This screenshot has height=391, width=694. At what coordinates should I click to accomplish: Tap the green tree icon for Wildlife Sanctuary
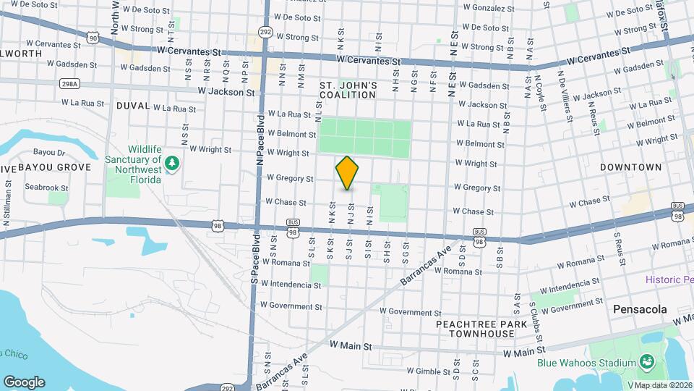[x=171, y=164]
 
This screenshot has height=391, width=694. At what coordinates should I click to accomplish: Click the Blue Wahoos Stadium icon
[x=646, y=361]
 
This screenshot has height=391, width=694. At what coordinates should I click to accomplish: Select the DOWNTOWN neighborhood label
[x=630, y=167]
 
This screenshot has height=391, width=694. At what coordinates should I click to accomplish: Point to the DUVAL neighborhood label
[x=132, y=106]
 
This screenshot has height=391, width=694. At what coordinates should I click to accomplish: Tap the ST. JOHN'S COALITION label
[x=348, y=91]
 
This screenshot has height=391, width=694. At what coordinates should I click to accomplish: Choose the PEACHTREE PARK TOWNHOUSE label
[x=475, y=329]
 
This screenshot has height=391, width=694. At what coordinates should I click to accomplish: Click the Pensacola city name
[x=640, y=309]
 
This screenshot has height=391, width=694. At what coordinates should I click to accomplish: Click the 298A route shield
[x=69, y=83]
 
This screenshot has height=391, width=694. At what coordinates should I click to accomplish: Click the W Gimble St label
[x=429, y=371]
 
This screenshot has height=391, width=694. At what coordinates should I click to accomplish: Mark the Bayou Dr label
[x=51, y=153]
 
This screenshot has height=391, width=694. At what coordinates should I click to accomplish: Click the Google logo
[x=24, y=382]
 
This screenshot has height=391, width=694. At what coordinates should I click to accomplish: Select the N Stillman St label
[x=7, y=206]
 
